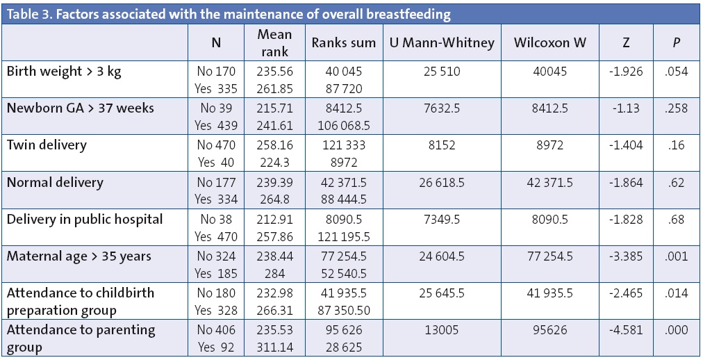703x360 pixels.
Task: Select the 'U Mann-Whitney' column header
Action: click(439, 42)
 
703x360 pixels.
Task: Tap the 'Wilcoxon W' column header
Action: click(550, 42)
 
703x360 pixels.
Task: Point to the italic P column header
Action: click(676, 42)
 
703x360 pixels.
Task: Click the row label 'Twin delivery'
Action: click(47, 145)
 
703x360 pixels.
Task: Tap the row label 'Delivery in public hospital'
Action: click(84, 219)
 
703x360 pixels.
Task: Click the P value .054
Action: click(676, 72)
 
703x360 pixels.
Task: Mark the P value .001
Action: click(676, 256)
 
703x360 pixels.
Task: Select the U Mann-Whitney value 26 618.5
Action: click(439, 183)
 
